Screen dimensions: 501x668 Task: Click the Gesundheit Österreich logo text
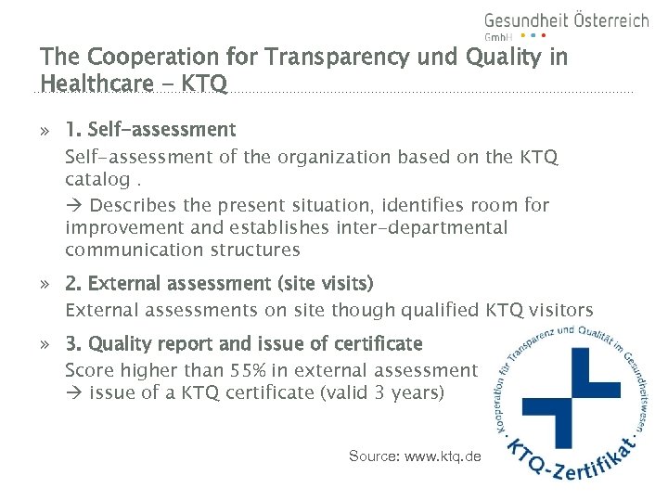pos(566,20)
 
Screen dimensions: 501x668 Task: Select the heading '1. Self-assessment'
pos(150,130)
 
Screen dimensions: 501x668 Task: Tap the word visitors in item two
pos(559,311)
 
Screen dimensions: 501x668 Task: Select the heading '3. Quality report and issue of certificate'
pos(243,344)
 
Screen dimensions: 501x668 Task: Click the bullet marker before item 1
pos(45,131)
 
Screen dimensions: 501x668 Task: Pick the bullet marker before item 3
pos(45,345)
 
